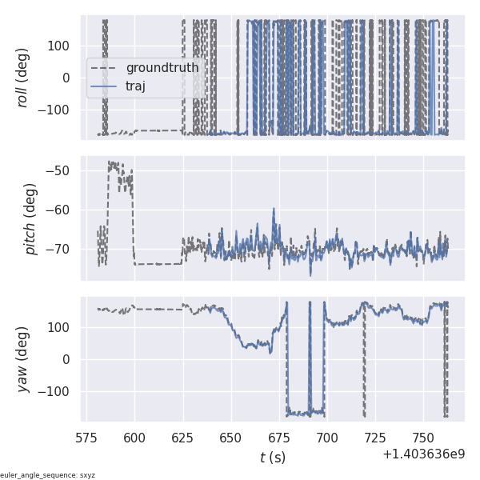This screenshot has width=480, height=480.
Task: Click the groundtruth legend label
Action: point(162,68)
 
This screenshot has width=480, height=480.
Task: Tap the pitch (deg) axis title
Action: point(30,218)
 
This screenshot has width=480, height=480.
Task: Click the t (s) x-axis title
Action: point(273,457)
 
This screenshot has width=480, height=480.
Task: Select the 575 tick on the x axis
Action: point(86,438)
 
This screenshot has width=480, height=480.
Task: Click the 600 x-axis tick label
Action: point(134,438)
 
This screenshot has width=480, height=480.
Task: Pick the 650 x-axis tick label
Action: point(231,438)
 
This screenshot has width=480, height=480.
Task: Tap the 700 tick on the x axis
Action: point(327,438)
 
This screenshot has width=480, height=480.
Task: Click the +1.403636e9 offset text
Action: point(423,454)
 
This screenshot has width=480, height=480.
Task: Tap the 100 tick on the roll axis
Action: point(62,46)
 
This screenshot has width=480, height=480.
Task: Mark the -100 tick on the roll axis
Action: point(58,109)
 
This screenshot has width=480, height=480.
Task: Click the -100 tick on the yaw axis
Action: point(58,391)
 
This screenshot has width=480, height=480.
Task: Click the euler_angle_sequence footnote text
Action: point(48,475)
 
